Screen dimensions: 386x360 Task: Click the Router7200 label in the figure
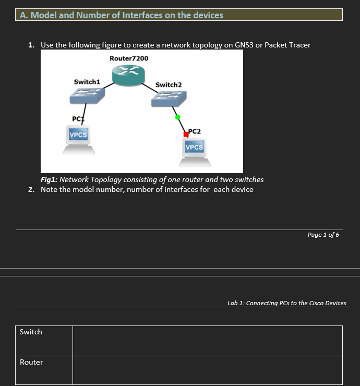click(x=129, y=58)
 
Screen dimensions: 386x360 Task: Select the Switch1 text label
click(x=87, y=82)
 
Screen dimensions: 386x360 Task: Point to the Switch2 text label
click(x=169, y=85)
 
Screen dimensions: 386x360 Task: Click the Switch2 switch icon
click(x=169, y=99)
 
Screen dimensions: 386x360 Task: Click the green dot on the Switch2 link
click(x=177, y=117)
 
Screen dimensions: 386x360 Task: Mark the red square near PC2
click(x=186, y=135)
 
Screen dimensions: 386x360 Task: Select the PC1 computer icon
click(x=79, y=140)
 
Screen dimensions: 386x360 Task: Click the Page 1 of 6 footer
click(x=323, y=235)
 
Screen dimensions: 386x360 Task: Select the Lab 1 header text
click(x=286, y=303)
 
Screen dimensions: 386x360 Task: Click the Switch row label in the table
click(x=31, y=332)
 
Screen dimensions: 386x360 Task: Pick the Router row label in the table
click(x=31, y=362)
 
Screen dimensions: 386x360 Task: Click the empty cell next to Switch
click(x=207, y=341)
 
